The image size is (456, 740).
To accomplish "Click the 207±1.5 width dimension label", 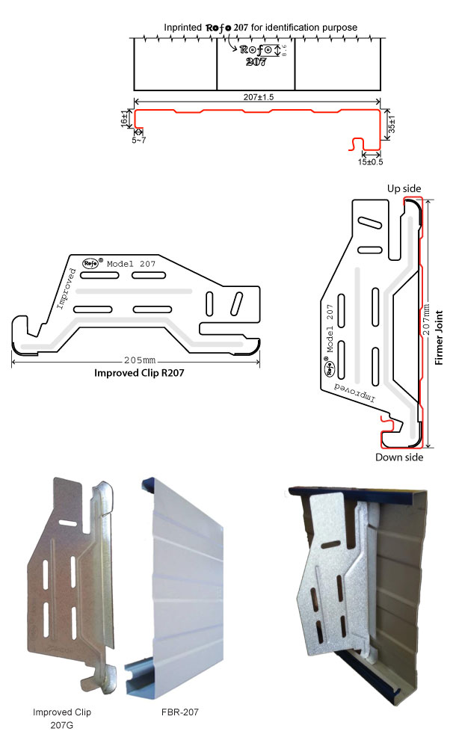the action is [258, 96].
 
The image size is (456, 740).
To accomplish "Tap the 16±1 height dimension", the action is [124, 118].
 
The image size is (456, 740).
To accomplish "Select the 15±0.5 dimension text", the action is [370, 162].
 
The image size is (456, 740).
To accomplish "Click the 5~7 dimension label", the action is [139, 141].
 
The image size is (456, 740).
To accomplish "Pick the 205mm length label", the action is [140, 360].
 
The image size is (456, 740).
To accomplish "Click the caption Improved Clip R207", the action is [139, 373].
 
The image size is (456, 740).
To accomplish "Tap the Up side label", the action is [404, 188].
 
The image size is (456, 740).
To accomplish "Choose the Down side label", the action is [399, 457].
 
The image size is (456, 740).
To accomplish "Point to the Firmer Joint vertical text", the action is [439, 337].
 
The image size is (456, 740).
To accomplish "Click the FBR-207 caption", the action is [180, 712].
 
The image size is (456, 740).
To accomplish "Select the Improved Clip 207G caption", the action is [62, 718].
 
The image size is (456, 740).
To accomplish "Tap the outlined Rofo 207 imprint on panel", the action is [256, 55].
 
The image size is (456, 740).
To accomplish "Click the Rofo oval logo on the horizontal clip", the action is [90, 263].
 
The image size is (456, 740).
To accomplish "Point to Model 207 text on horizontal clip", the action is [132, 264].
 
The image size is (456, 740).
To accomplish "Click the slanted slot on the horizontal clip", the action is [236, 303].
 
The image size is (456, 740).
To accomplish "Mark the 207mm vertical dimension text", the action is [426, 319].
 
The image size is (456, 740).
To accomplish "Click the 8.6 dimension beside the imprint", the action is [285, 51].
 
